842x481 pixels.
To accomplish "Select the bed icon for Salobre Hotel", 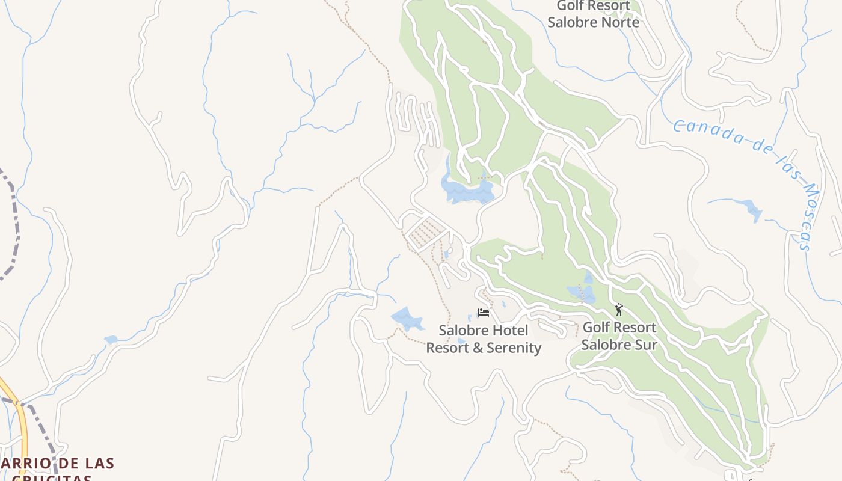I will (483, 312).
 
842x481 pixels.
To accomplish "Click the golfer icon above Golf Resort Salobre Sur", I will (619, 310).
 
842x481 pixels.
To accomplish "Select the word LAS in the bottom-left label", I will (95, 464).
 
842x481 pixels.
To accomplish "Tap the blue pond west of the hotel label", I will (407, 319).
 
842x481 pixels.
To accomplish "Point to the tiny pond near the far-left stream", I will (111, 340).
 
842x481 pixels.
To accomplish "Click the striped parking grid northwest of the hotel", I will (426, 231).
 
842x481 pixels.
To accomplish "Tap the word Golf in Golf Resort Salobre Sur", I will (597, 328).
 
